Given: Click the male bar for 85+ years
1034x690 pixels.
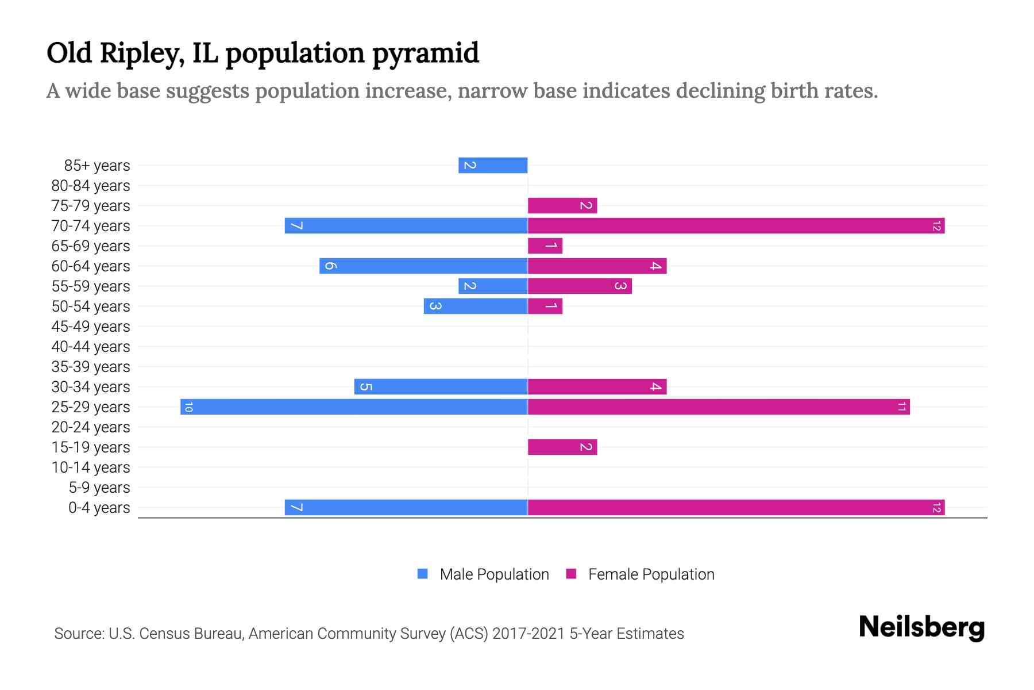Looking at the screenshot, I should click(493, 165).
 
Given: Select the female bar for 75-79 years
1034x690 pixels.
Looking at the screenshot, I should click(562, 205).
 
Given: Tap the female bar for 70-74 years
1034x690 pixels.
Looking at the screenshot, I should click(736, 225).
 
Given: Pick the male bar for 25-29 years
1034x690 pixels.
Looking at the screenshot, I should click(354, 407).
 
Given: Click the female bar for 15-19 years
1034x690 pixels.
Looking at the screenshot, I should click(562, 447).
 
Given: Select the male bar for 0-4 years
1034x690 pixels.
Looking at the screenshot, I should click(406, 507).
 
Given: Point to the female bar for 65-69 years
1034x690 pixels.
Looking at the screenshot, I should click(545, 246).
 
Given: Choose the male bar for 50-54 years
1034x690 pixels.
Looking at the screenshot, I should click(476, 306).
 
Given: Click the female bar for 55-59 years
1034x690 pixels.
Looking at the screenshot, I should click(580, 286).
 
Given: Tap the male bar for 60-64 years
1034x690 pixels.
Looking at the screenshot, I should click(423, 266).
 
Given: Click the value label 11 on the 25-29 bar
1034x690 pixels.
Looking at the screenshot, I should click(901, 407).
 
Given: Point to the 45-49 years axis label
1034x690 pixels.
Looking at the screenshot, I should click(91, 327).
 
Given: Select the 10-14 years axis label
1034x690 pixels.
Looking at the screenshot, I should click(91, 467).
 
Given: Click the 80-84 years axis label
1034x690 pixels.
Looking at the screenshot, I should click(91, 186).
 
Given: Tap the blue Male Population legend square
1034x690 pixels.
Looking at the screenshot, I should click(423, 574).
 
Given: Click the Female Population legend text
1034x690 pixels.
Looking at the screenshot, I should click(651, 574).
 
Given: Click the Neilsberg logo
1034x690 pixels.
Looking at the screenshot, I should click(921, 627).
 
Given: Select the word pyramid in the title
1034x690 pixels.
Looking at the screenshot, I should click(425, 53).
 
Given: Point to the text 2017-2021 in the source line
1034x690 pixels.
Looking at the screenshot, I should click(528, 634).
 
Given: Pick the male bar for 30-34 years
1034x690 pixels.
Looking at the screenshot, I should click(441, 386).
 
